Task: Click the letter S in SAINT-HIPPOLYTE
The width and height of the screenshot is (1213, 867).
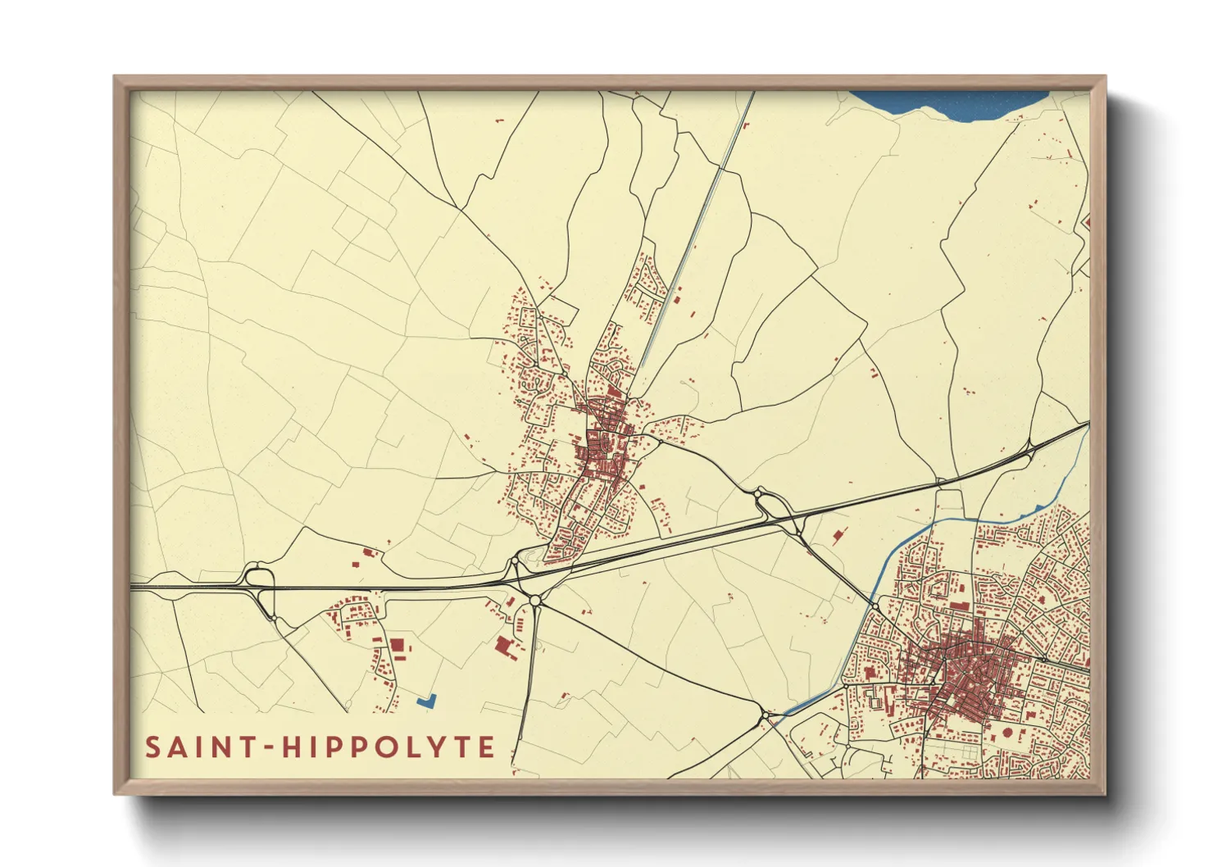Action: (153, 747)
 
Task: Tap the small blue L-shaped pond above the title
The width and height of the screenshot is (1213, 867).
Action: (426, 701)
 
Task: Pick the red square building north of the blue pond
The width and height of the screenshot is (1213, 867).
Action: (398, 645)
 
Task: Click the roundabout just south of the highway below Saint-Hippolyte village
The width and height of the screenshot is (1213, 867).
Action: (535, 601)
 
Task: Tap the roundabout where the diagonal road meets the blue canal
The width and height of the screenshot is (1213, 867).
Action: (875, 606)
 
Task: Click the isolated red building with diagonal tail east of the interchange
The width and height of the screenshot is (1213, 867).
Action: (837, 537)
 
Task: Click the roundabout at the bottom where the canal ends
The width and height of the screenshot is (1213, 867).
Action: (766, 716)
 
